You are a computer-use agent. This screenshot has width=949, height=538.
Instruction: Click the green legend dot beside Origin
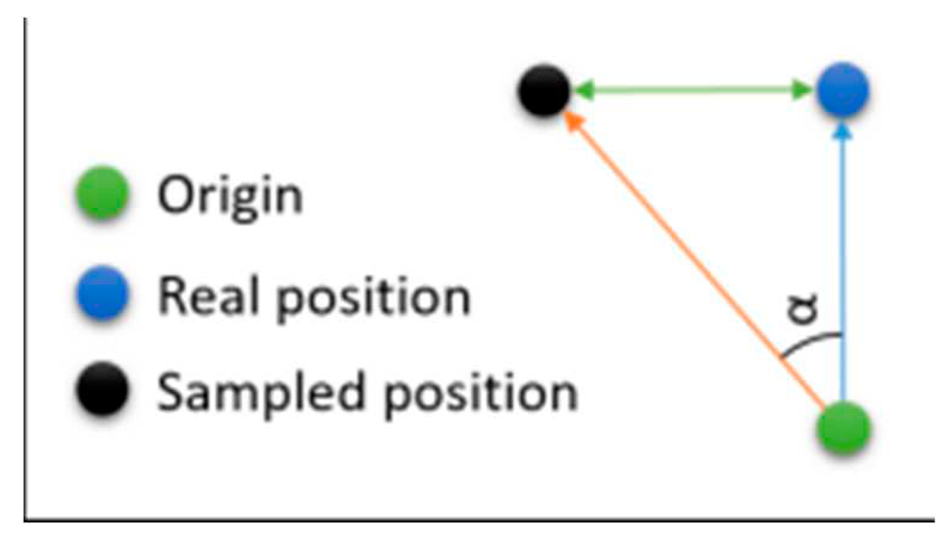tap(103, 192)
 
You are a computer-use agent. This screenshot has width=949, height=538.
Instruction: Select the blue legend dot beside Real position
tap(103, 293)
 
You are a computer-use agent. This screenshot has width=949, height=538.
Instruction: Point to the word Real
tap(210, 296)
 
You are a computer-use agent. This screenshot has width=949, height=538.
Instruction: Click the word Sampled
tap(261, 393)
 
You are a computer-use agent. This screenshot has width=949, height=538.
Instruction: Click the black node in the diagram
tap(544, 90)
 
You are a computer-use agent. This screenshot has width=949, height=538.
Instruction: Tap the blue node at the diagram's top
tap(843, 90)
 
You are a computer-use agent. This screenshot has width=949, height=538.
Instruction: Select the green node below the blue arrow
tap(843, 428)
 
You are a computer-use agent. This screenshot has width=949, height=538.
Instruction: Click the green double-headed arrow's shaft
tap(693, 90)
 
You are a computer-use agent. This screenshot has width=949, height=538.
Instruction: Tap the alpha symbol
tap(803, 309)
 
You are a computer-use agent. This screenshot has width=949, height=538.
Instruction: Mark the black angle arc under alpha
tap(810, 343)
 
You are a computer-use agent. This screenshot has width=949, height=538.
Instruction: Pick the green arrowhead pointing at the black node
tap(583, 90)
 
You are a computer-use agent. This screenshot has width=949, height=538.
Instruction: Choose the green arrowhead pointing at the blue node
tap(802, 90)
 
